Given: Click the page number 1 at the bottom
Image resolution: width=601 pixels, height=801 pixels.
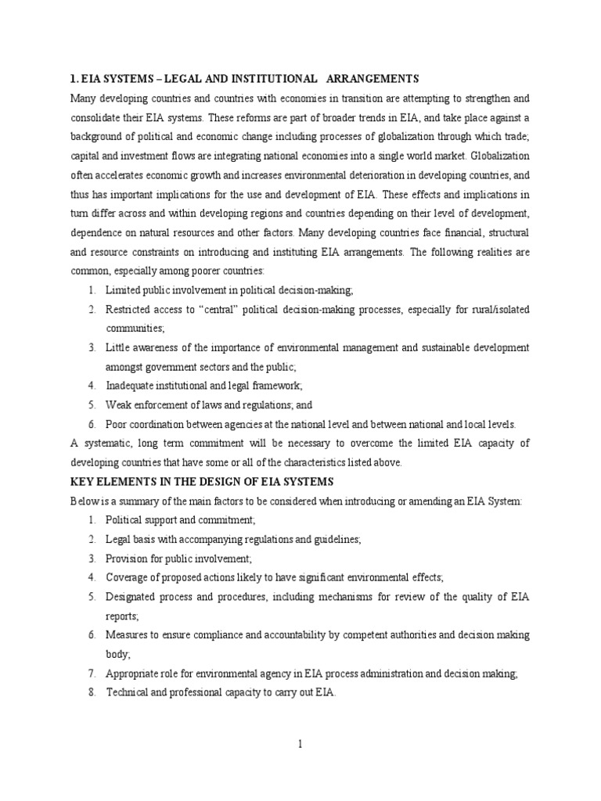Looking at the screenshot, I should [300, 745].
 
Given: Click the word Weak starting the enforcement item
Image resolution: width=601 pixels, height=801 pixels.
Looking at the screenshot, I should [120, 405].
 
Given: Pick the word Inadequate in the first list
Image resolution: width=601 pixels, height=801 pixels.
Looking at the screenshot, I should [132, 386].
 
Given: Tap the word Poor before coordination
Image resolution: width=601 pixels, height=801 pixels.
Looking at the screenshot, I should [118, 424].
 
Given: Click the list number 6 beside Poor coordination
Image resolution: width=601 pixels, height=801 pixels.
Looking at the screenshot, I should [92, 424].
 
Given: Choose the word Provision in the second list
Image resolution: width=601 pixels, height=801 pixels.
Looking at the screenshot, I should [129, 559].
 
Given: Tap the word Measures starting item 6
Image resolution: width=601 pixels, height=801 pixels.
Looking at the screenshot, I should [130, 635].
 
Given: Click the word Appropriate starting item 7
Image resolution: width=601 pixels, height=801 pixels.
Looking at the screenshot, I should [135, 673].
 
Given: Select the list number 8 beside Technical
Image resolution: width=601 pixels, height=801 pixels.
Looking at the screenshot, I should [92, 692].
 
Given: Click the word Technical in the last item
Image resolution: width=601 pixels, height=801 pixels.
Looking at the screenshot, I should [129, 692].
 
